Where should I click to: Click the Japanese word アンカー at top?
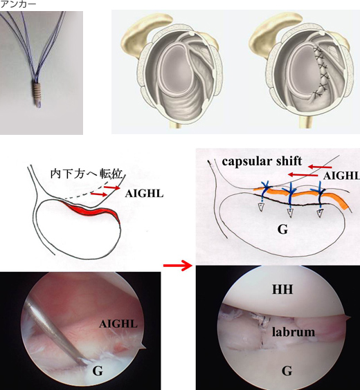(18, 4)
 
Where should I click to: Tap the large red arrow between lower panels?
(178, 266)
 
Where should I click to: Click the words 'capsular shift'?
(262, 161)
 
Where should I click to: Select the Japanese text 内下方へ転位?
(86, 174)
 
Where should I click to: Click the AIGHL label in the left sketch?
(144, 194)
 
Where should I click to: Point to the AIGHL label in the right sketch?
(341, 176)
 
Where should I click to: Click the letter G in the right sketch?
(282, 230)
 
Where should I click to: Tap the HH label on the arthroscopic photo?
(282, 289)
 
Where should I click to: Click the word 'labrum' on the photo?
(294, 332)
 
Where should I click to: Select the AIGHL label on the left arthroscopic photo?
(118, 324)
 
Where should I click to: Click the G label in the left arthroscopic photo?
(98, 371)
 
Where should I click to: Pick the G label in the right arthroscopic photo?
(287, 371)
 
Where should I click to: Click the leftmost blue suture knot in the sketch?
(266, 187)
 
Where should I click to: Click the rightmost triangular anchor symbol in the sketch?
(320, 214)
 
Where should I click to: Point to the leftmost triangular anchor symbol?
(260, 207)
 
